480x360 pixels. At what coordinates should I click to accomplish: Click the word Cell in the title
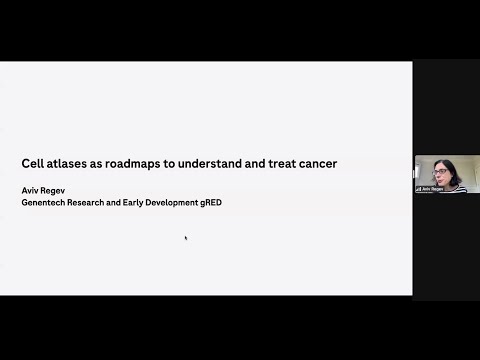(32, 163)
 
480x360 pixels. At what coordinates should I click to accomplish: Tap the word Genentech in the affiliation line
(46, 202)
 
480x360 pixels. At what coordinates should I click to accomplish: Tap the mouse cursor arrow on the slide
(186, 238)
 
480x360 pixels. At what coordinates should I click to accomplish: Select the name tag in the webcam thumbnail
(430, 188)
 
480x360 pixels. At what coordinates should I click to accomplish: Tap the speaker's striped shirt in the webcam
(449, 186)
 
